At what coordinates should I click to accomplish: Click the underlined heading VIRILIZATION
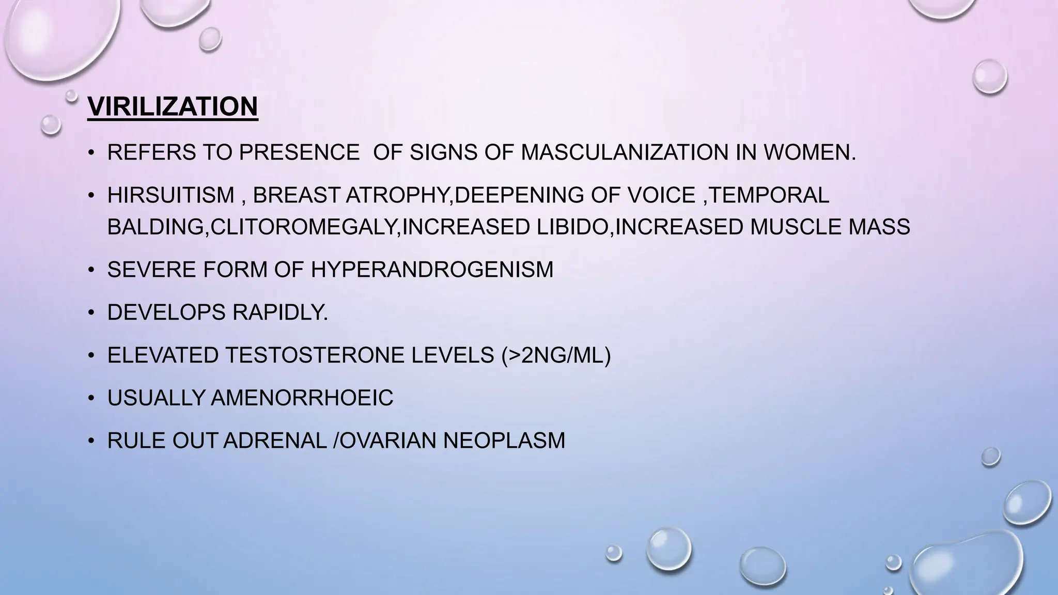tap(173, 106)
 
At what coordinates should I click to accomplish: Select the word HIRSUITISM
tap(171, 195)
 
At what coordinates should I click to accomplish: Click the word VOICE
tap(661, 195)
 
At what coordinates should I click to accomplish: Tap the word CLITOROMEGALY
tap(305, 227)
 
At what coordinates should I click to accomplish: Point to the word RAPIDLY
tap(280, 312)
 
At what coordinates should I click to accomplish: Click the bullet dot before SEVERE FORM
tap(91, 270)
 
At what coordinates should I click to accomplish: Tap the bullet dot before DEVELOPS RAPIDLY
tap(91, 313)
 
